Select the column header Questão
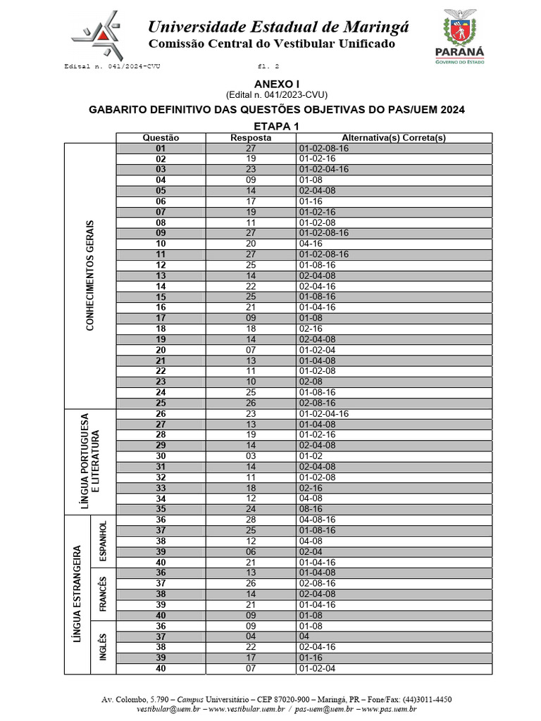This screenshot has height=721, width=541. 161,138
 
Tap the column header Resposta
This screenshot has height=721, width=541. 251,138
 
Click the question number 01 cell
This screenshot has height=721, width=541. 161,149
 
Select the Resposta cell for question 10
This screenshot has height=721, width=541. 251,244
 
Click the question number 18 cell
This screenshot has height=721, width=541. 161,328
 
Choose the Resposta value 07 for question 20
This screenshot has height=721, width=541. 251,349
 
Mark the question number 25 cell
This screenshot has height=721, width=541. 161,403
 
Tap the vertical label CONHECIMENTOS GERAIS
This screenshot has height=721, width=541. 89,275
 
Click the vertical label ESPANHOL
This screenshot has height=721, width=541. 103,540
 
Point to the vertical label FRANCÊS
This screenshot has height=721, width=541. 103,594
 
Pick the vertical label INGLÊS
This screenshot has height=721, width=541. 103,647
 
